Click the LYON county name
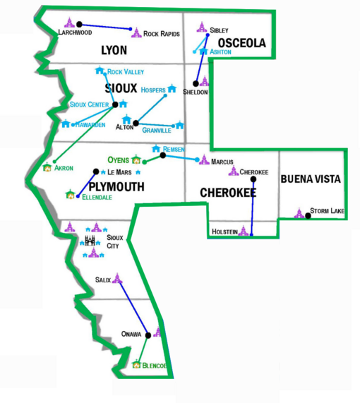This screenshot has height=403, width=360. [114, 50]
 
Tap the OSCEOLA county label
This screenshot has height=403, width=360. [242, 43]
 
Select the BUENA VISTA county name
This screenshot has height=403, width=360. [311, 179]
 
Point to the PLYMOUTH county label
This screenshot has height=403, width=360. [116, 187]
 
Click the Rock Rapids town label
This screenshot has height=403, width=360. [162, 34]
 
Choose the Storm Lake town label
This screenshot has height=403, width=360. [327, 211]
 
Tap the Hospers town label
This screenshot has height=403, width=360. [153, 90]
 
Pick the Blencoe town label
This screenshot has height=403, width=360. [155, 366]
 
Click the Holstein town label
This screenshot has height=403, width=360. [224, 231]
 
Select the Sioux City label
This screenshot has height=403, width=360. [114, 241]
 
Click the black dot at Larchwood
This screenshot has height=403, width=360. [80, 24]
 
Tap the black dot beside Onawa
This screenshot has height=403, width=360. [148, 335]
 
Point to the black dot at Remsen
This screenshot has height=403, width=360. [163, 155]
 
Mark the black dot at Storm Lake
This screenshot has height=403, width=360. [308, 216]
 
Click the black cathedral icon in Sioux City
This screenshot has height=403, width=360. [90, 241]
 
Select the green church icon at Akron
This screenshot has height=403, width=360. [47, 167]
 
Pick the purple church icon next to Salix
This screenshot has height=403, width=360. [117, 279]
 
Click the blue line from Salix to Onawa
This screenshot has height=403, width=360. [133, 308]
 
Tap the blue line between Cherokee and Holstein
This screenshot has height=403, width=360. [253, 207]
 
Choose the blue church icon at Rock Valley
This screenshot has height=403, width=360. [100, 70]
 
